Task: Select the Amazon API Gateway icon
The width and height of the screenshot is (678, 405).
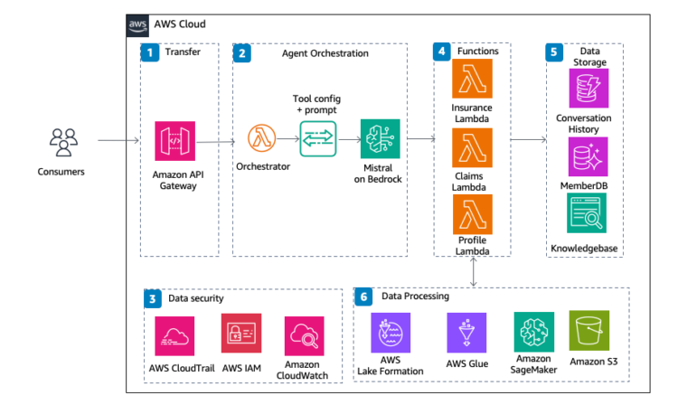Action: (174, 141)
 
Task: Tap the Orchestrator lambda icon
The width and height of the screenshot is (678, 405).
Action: (263, 140)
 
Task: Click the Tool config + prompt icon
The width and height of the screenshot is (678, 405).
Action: (318, 139)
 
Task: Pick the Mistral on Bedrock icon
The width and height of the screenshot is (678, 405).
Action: (378, 139)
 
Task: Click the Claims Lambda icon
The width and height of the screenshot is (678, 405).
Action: (471, 148)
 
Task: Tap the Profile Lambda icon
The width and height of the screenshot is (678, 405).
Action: (471, 213)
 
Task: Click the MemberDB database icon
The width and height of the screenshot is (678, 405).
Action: (583, 156)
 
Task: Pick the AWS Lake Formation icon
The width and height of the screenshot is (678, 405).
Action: (391, 332)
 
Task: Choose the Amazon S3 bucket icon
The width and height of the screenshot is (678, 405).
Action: (589, 331)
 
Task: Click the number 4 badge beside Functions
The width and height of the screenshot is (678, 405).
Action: (441, 52)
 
